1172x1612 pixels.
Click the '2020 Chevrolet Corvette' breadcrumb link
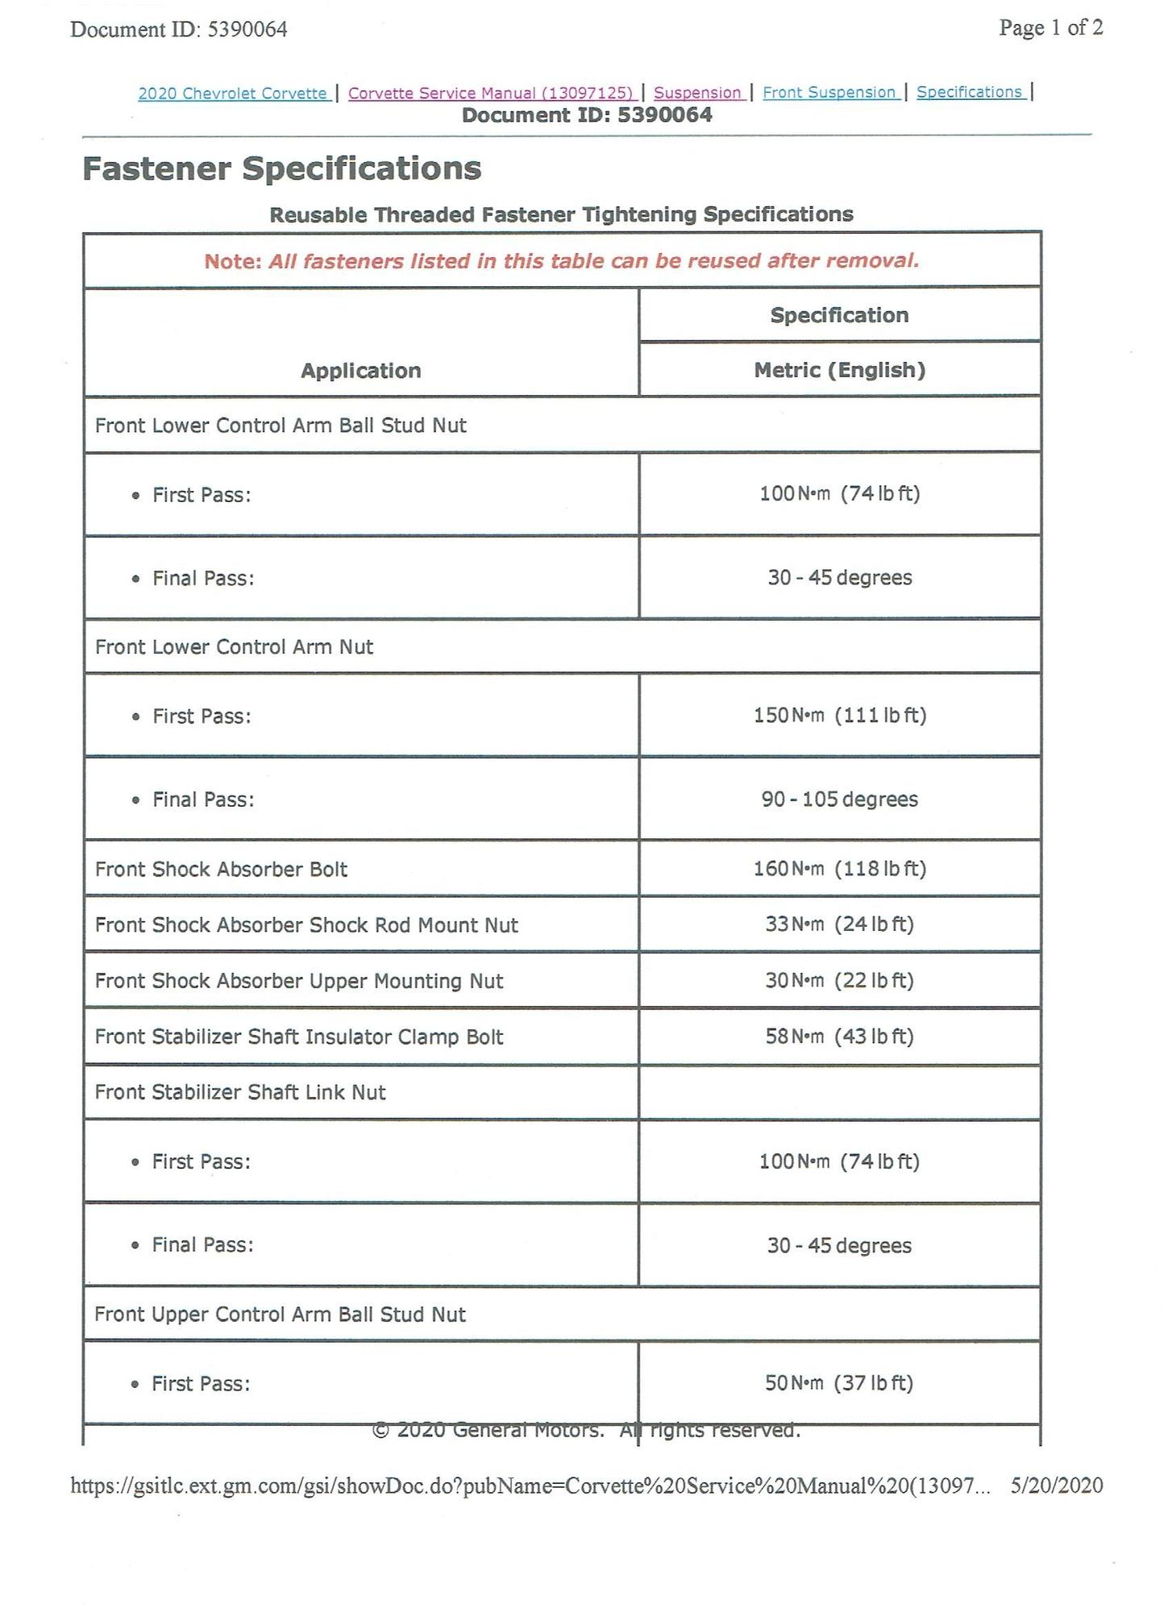232,93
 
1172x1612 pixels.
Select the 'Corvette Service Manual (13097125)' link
491,93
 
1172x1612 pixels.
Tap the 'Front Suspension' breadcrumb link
829,93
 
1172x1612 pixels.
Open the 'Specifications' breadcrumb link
969,92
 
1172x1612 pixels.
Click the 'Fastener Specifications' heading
282,169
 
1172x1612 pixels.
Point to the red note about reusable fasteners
561,261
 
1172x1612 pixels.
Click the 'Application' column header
360,371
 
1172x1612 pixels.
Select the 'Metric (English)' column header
839,370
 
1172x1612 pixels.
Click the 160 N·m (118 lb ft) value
839,869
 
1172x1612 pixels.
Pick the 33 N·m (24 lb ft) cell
839,924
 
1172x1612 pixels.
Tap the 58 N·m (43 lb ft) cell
839,1037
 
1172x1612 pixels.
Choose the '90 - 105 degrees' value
839,800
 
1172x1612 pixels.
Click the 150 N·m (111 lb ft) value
839,716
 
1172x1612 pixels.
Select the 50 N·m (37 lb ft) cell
838,1383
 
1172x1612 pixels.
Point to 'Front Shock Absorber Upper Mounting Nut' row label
299,981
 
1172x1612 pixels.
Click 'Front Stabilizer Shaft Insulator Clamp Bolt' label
299,1037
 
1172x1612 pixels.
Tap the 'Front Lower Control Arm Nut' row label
234,647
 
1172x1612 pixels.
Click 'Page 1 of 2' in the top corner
1050,28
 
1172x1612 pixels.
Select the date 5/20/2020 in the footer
1056,1485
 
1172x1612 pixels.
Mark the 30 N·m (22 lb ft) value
839,981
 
